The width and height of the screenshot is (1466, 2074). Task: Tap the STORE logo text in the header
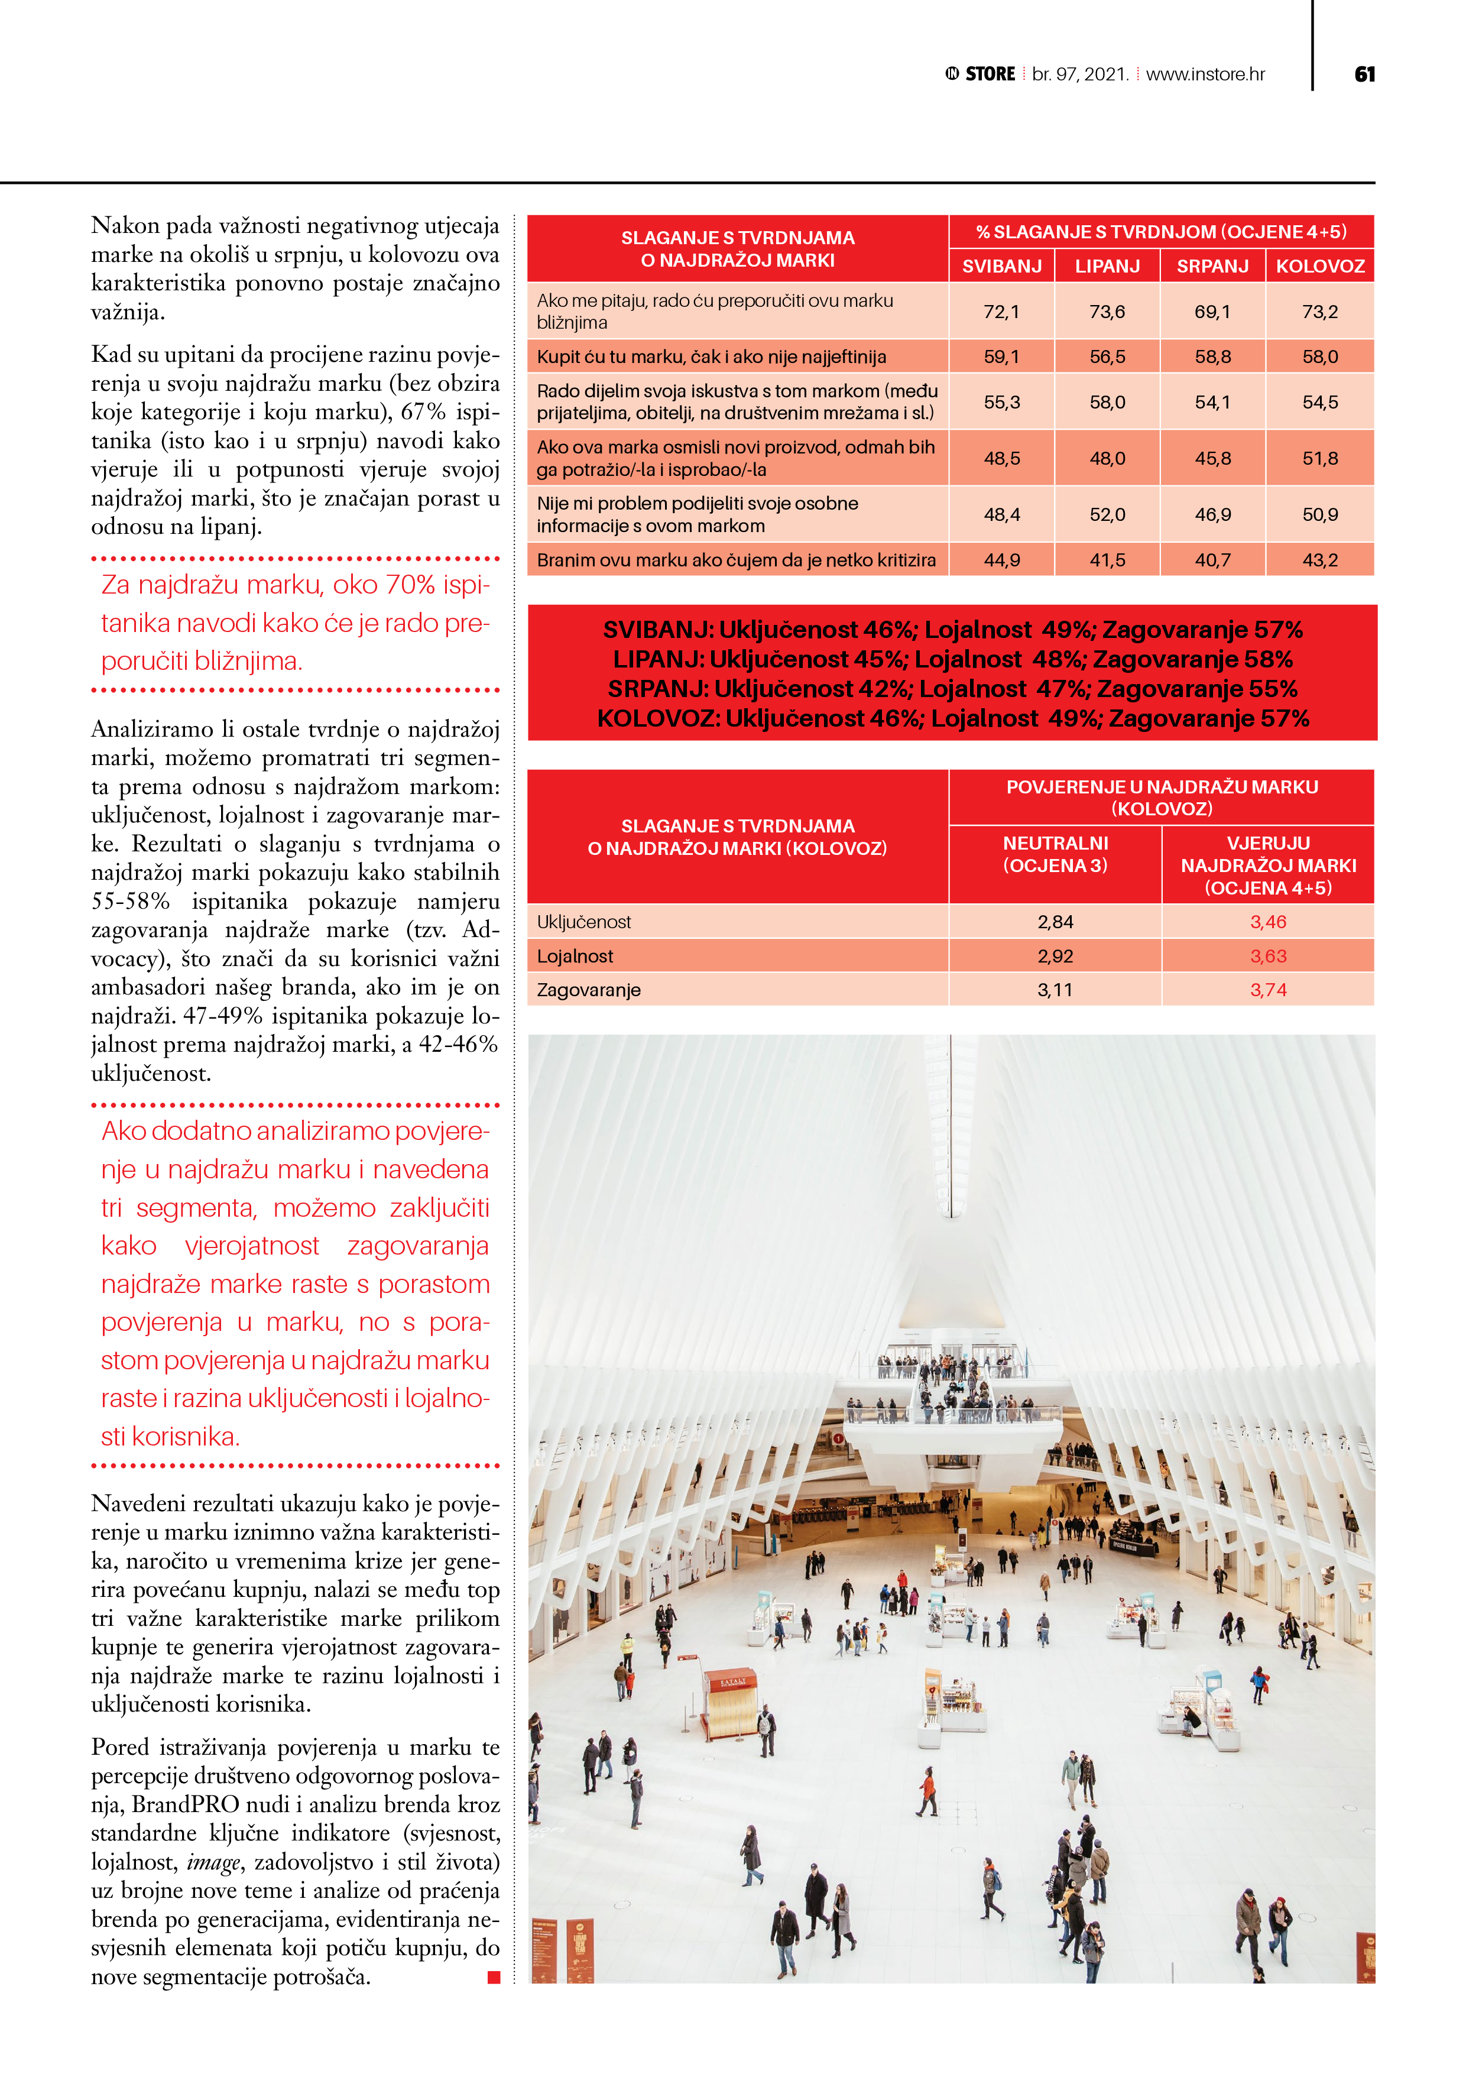[990, 74]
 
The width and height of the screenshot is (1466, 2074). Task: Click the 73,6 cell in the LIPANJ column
[1107, 312]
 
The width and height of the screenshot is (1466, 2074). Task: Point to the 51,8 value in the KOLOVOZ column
[1319, 458]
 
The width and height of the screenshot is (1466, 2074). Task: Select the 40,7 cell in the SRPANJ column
[1213, 560]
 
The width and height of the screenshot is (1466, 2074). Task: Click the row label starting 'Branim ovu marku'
[736, 560]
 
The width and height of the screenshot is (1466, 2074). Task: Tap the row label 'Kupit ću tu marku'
[712, 357]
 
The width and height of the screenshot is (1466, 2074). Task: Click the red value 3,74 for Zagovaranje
[1268, 990]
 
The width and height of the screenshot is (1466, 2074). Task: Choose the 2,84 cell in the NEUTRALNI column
[1055, 922]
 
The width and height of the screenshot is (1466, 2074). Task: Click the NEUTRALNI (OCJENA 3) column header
[1055, 854]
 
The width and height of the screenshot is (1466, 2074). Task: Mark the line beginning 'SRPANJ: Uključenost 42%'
[952, 689]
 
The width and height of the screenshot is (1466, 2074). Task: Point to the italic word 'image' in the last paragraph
[214, 1862]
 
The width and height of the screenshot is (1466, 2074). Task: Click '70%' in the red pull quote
[411, 585]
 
